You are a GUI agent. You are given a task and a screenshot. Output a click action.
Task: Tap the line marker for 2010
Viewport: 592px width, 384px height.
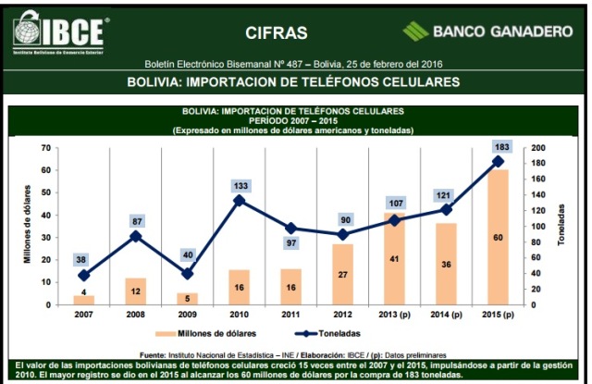tap(239, 200)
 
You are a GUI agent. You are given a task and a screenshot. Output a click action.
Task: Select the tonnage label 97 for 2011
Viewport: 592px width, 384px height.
tap(290, 242)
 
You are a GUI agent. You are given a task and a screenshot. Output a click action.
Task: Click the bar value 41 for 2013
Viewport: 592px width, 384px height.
tap(394, 259)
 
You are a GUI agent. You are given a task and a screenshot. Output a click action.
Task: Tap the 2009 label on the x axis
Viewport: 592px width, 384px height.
tap(187, 315)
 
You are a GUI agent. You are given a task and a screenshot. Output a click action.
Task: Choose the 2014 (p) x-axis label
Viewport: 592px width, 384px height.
tap(446, 315)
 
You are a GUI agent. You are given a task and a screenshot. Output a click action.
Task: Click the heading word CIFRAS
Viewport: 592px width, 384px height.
tap(277, 33)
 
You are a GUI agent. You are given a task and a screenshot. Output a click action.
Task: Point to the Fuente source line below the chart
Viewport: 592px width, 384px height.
tap(296, 353)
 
